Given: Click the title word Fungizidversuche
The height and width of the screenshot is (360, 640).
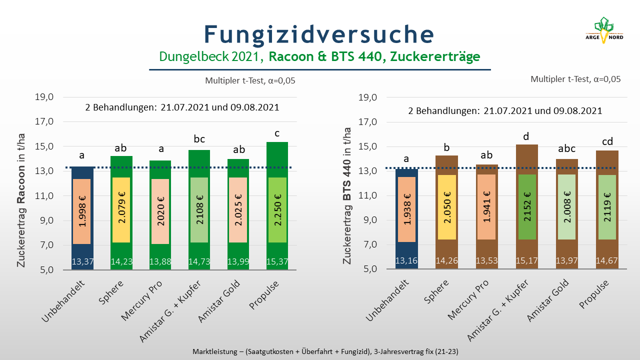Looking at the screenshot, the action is click(x=319, y=34).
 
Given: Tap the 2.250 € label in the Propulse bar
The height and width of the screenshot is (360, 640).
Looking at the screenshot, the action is click(x=277, y=210).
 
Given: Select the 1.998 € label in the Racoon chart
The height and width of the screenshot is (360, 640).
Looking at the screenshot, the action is click(x=82, y=211).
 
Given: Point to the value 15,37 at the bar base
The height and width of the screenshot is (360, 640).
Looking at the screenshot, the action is click(x=277, y=261).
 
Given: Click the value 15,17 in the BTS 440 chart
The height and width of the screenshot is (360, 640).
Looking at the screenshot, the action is click(x=526, y=260).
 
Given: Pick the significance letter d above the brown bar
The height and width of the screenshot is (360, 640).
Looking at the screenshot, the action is click(x=526, y=136).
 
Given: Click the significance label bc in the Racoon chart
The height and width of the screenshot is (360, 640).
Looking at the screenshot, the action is click(x=199, y=139).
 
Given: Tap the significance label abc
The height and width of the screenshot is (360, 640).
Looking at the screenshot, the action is click(x=566, y=148).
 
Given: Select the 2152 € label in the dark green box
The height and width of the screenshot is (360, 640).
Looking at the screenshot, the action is click(x=527, y=207).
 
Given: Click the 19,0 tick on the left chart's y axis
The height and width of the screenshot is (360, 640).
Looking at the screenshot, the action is click(x=44, y=97).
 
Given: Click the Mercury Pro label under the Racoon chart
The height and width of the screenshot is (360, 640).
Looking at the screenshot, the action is click(x=141, y=300).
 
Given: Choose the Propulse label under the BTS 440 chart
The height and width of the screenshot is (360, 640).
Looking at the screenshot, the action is click(x=593, y=294).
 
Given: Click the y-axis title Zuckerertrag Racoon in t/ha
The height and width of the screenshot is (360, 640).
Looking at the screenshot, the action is click(x=21, y=200).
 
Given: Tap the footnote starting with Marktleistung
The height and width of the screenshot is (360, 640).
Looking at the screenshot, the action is click(x=325, y=351).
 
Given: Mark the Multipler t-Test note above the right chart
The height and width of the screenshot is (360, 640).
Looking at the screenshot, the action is click(x=575, y=79).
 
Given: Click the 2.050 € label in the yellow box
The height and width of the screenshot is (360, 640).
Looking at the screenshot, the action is click(x=447, y=207).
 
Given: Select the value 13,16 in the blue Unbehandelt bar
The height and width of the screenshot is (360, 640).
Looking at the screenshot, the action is click(x=406, y=260).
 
